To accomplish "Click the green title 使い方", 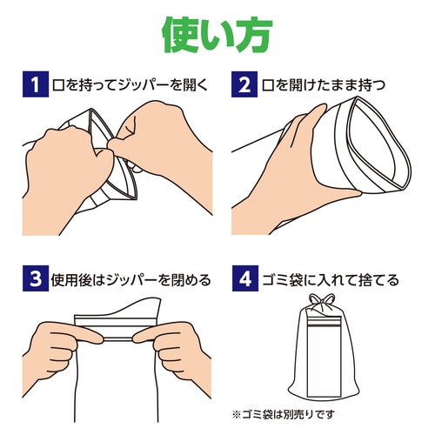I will [x=217, y=33].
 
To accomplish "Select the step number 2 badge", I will [x=245, y=85].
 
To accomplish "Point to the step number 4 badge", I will [x=245, y=280].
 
